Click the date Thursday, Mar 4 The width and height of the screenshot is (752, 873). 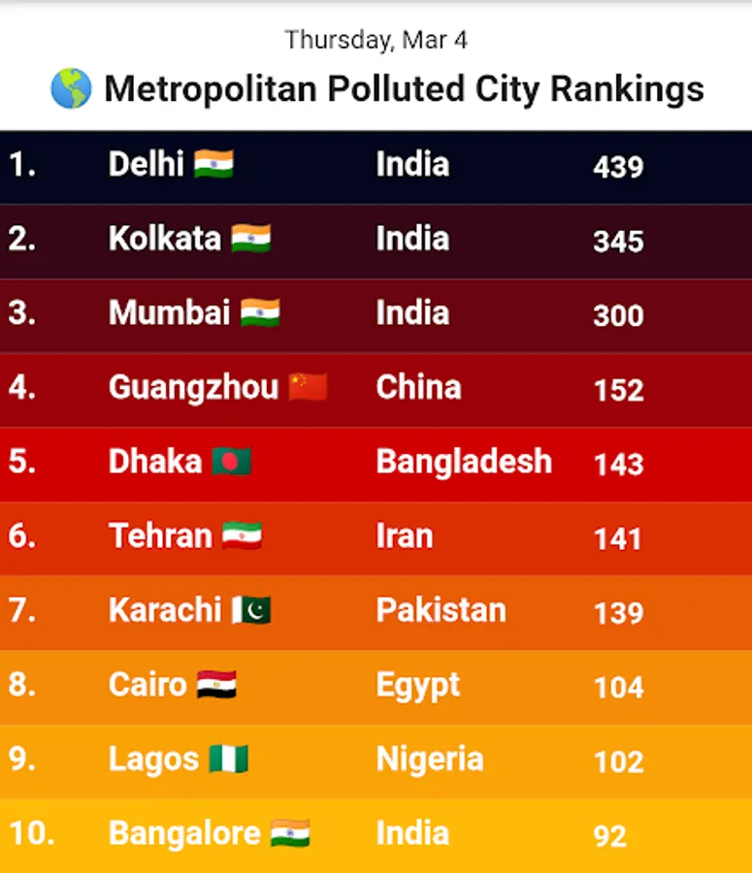pyautogui.click(x=376, y=41)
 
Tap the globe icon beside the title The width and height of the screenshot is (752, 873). pyautogui.click(x=72, y=89)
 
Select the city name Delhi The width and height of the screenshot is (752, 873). pyautogui.click(x=146, y=164)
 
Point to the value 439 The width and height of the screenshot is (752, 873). pyautogui.click(x=618, y=167)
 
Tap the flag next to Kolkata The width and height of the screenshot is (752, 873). pyautogui.click(x=251, y=239)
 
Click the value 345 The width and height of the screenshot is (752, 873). pyautogui.click(x=618, y=242)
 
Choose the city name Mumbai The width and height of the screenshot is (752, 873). pyautogui.click(x=169, y=313)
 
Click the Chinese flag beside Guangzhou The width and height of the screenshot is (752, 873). pyautogui.click(x=309, y=387)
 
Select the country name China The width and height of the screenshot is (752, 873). pyautogui.click(x=418, y=388)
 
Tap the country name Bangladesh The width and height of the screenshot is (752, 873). pyautogui.click(x=464, y=462)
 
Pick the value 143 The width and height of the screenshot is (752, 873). pyautogui.click(x=618, y=465)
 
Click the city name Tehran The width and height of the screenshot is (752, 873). pyautogui.click(x=160, y=536)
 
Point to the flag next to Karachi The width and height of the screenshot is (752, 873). pyautogui.click(x=251, y=610)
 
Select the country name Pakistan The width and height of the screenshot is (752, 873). pyautogui.click(x=441, y=610)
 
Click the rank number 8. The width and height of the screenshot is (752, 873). pyautogui.click(x=21, y=685)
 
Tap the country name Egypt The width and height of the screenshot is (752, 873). pyautogui.click(x=417, y=686)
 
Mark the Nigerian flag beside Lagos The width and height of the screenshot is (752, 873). pyautogui.click(x=229, y=760)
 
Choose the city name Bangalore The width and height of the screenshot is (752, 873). pyautogui.click(x=184, y=834)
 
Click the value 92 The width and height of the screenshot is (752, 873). pyautogui.click(x=609, y=836)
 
